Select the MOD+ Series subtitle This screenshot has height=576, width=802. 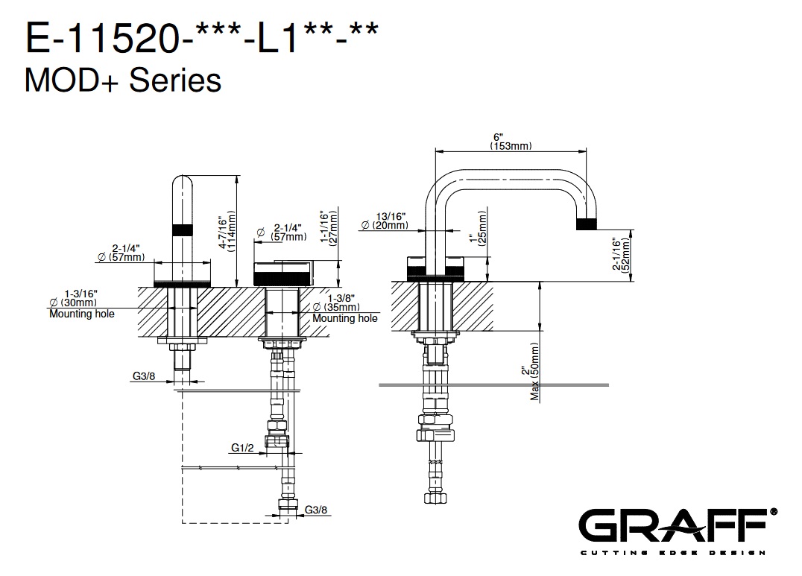tap(123, 80)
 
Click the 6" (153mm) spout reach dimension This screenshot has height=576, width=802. tap(510, 142)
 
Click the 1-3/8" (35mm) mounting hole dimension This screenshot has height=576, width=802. tap(344, 307)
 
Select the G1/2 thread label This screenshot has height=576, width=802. tap(243, 448)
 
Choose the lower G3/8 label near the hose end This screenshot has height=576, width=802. tap(316, 510)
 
